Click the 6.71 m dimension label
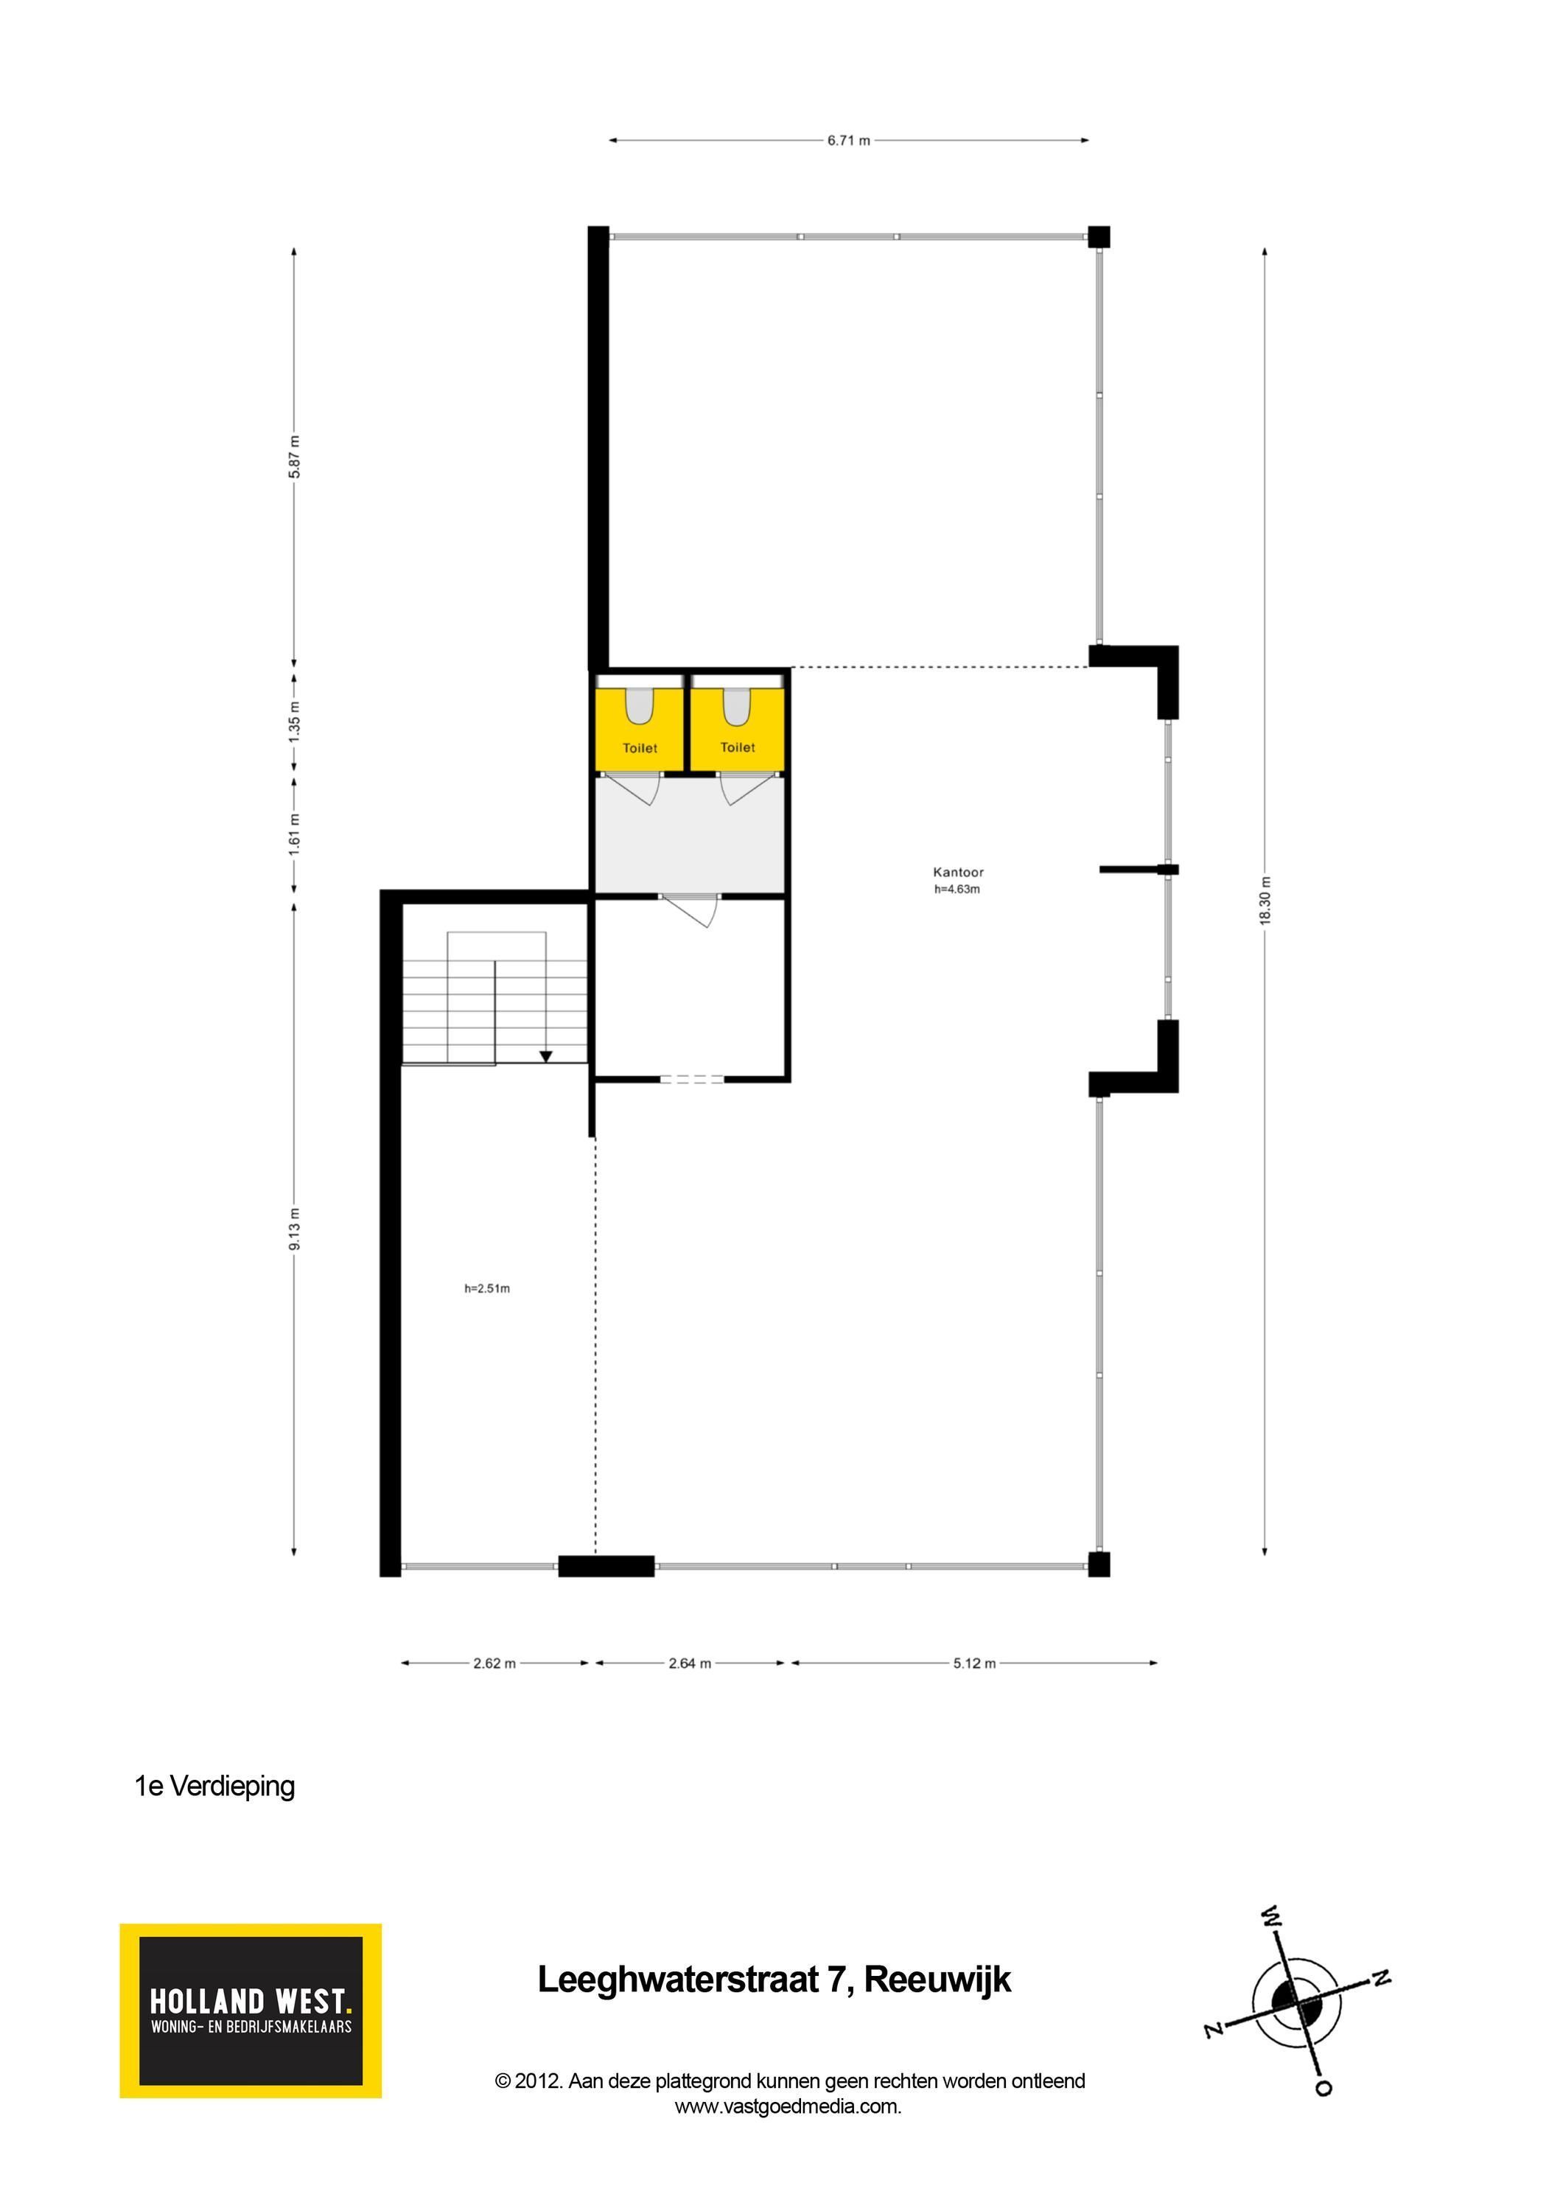click(848, 141)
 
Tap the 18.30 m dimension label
click(1265, 901)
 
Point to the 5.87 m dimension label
click(295, 456)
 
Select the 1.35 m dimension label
click(295, 719)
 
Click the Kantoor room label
click(958, 871)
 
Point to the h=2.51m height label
click(487, 1288)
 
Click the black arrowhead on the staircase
click(546, 1056)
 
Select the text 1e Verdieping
click(214, 1786)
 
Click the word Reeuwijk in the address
click(937, 1980)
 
